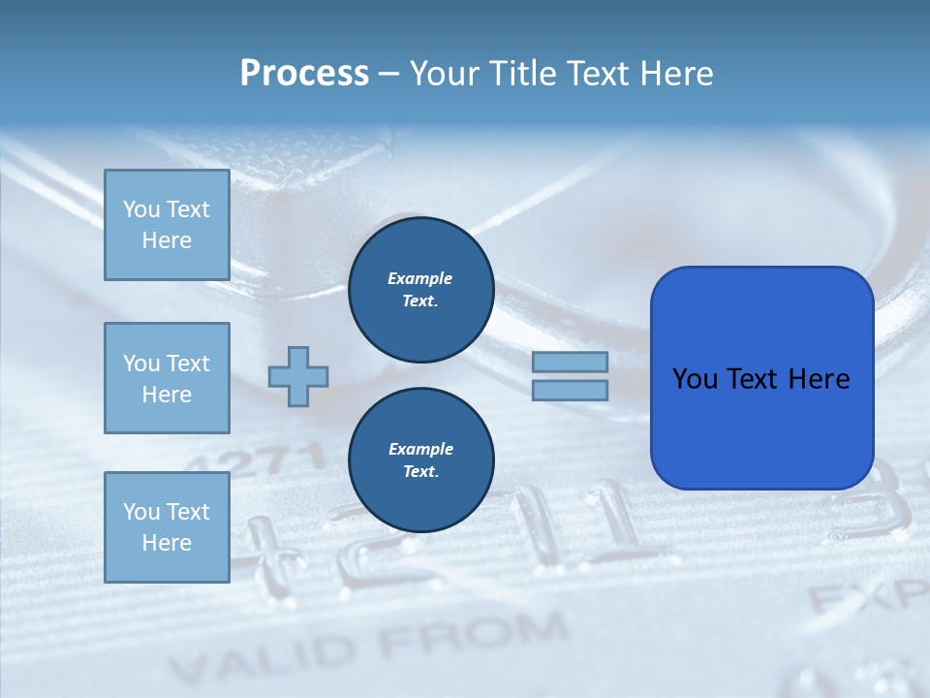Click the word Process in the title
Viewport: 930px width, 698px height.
pyautogui.click(x=304, y=74)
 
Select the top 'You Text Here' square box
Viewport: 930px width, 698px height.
pyautogui.click(x=167, y=225)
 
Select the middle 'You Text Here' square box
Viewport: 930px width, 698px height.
pyautogui.click(x=167, y=378)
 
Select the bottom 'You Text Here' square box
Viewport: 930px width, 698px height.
pyautogui.click(x=167, y=527)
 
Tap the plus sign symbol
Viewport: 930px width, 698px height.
pyautogui.click(x=298, y=376)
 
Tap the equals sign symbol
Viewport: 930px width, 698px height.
pyautogui.click(x=570, y=376)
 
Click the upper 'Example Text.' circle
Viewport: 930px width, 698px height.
pyautogui.click(x=421, y=290)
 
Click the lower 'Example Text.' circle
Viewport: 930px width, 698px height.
pyautogui.click(x=421, y=460)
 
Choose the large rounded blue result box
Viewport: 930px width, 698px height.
pyautogui.click(x=761, y=378)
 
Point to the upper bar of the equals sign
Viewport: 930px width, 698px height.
pyautogui.click(x=570, y=363)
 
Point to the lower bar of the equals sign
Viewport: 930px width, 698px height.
pyautogui.click(x=570, y=390)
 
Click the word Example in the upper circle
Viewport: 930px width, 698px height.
pyautogui.click(x=419, y=279)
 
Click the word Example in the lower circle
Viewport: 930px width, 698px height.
pyautogui.click(x=420, y=450)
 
